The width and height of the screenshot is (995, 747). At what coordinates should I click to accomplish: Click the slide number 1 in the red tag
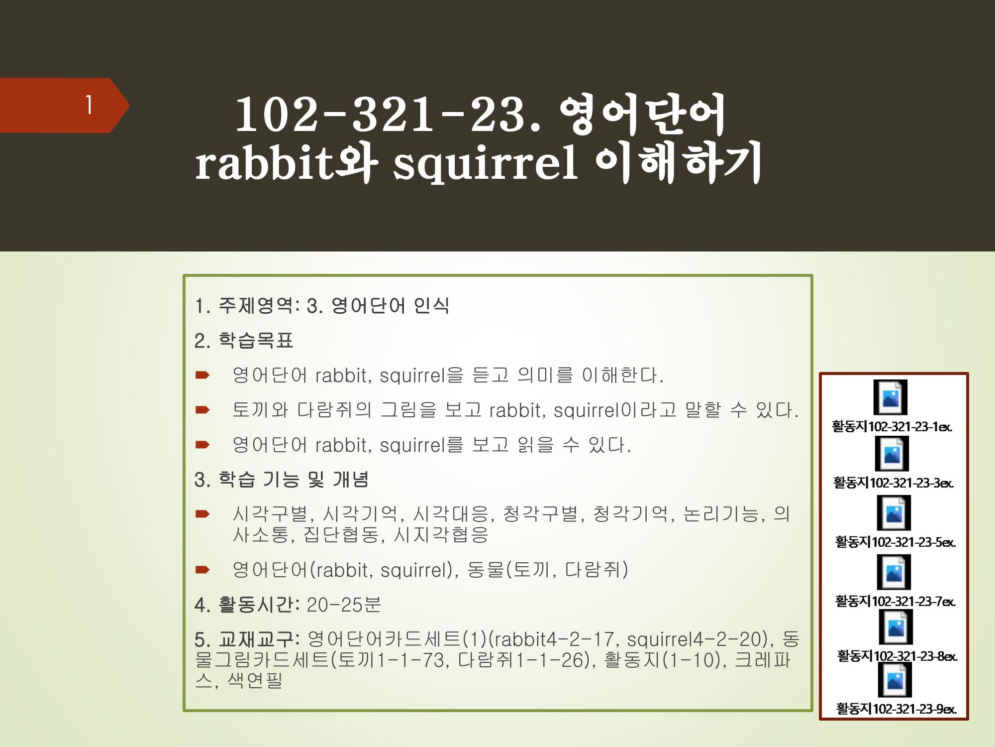pos(89,105)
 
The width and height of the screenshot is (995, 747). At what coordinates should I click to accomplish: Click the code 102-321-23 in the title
pos(380,116)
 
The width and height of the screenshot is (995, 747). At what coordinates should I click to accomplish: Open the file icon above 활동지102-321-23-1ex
pos(891,397)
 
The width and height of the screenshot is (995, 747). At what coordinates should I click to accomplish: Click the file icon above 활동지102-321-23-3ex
pos(892,454)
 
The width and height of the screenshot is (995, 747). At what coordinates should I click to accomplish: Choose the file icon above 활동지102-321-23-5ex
pos(894,513)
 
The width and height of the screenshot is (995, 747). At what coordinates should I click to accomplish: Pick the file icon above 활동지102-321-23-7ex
pos(894,572)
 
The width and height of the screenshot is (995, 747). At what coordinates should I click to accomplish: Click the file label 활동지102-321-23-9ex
pos(896,709)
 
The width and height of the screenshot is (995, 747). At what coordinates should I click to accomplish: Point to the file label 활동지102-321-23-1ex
pos(892,427)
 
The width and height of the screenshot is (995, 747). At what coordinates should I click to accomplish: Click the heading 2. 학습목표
pos(244,341)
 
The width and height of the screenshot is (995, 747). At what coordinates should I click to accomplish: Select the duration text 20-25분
pos(344,605)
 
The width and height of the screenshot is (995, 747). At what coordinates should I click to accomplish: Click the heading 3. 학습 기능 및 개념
pos(281,480)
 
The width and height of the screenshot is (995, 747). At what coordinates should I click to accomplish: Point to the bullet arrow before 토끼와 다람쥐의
pos(202,410)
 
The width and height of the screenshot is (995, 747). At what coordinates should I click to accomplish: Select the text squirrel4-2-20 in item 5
pos(697,639)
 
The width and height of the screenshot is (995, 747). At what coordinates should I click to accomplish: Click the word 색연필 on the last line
pos(255,680)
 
